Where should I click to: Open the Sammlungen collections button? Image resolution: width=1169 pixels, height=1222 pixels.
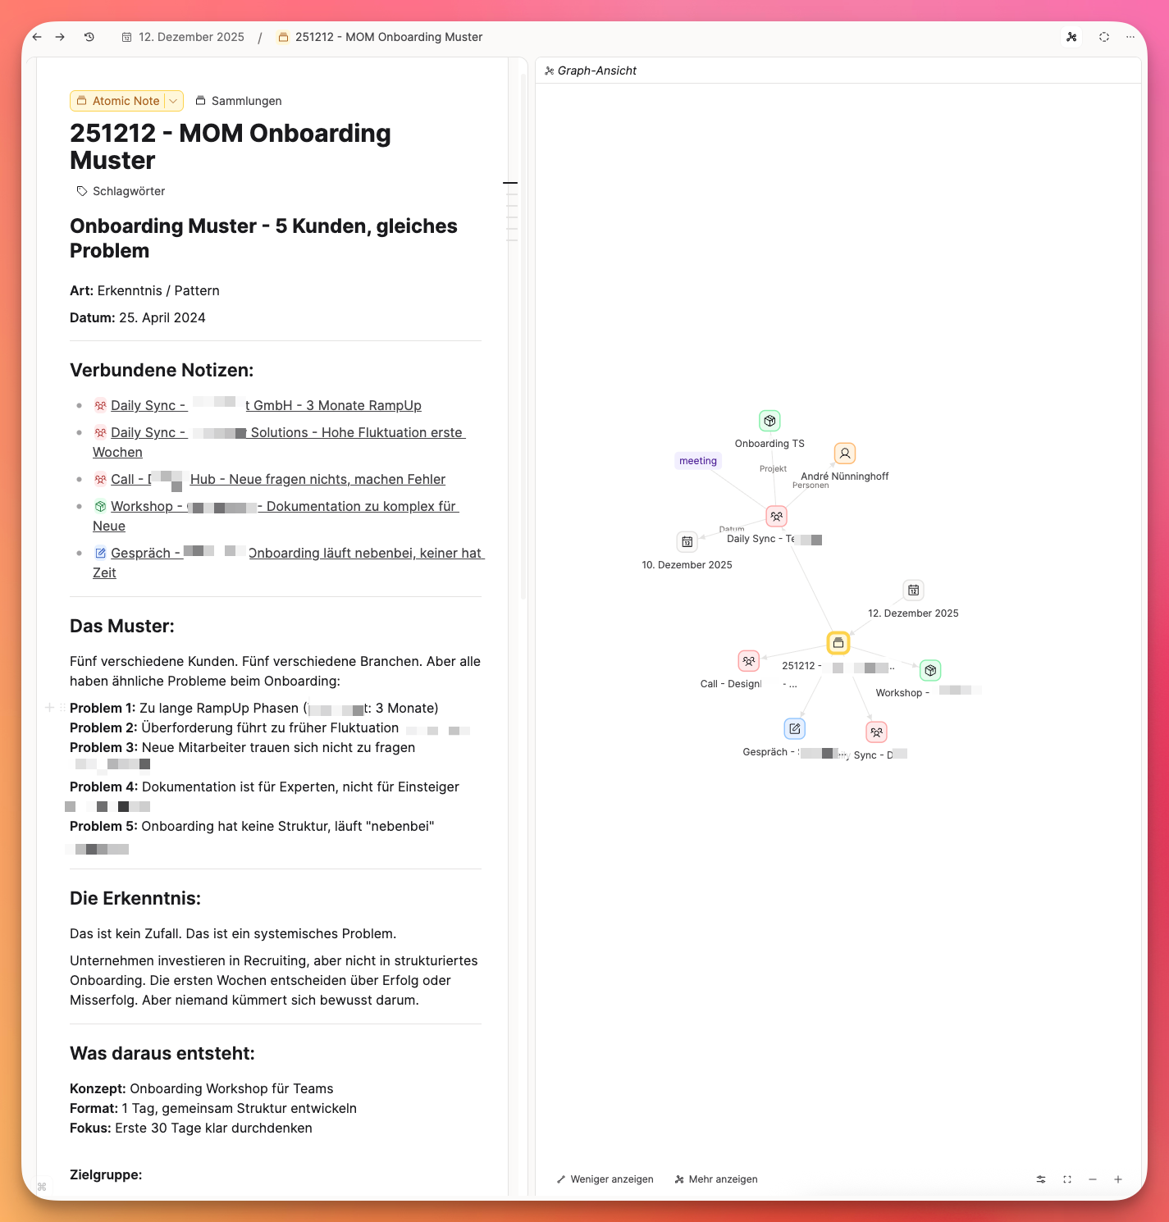pos(239,101)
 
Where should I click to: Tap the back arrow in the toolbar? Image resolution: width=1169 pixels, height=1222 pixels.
pos(37,37)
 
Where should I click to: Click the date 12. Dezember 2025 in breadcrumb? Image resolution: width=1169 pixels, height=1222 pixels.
pos(190,37)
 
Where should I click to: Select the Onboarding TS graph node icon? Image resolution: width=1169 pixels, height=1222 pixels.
pos(769,421)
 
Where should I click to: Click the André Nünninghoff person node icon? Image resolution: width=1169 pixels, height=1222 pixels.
pos(845,454)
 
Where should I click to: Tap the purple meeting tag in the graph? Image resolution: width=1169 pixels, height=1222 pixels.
pos(698,461)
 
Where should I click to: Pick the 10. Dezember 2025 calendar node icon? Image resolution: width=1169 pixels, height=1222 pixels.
pos(687,542)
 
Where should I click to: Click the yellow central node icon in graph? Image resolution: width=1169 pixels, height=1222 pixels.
pos(838,643)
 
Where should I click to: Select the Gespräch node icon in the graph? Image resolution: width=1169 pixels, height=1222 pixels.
pos(795,728)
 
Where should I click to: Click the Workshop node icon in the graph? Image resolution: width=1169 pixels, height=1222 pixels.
pos(930,671)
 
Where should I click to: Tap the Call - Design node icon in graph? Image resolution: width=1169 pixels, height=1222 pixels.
pos(749,661)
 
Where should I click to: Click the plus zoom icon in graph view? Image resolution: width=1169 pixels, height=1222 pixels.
pos(1118,1179)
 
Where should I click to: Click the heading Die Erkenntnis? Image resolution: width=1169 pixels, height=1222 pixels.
pos(135,898)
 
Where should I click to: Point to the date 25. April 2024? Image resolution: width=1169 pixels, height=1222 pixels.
pos(162,317)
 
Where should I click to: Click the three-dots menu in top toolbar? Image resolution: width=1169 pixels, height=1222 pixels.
pos(1130,37)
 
